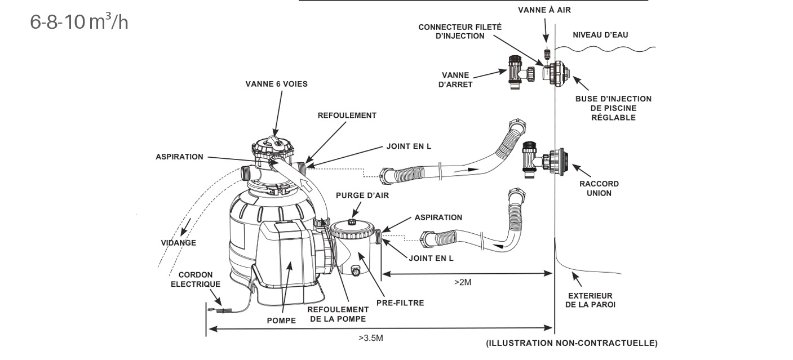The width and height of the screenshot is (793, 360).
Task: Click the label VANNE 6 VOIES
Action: click(x=276, y=84)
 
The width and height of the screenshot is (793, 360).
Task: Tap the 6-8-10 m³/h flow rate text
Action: click(x=79, y=22)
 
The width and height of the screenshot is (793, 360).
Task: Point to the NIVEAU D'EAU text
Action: click(x=600, y=35)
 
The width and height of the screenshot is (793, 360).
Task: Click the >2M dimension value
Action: click(x=462, y=282)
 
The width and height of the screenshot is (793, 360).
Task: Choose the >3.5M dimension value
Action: click(x=370, y=338)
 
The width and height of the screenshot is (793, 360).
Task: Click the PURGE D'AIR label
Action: click(x=362, y=195)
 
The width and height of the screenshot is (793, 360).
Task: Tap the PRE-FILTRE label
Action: click(x=401, y=303)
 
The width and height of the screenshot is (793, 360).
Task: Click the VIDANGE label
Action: click(x=178, y=243)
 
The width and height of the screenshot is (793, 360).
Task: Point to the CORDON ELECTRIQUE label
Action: click(x=195, y=279)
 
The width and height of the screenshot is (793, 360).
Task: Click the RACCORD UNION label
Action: click(x=599, y=188)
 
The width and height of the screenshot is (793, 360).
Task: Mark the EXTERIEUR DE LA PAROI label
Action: click(x=591, y=300)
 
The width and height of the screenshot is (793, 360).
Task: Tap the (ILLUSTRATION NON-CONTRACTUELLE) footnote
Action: click(x=572, y=343)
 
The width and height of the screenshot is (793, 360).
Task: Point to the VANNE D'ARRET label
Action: click(x=457, y=80)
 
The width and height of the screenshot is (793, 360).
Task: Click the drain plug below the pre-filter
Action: click(x=356, y=272)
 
